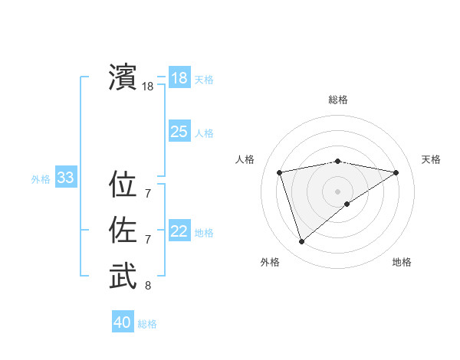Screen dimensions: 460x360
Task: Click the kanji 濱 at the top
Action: click(123, 77)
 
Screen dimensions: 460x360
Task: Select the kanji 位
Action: click(123, 185)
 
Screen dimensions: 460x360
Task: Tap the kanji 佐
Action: click(123, 231)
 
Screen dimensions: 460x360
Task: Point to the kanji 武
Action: click(123, 277)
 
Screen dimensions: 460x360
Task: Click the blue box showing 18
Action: click(179, 77)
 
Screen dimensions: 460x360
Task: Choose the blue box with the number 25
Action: click(179, 132)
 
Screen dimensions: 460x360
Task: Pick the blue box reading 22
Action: click(179, 231)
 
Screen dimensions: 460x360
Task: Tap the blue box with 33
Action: click(65, 178)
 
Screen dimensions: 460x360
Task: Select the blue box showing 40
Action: click(123, 322)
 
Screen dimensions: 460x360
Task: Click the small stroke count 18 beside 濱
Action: click(147, 87)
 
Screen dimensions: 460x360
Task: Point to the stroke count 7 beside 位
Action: click(147, 195)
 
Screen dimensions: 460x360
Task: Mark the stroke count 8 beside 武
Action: click(147, 286)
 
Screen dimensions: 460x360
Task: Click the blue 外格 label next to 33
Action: click(41, 179)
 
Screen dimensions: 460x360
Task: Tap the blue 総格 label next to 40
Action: click(147, 324)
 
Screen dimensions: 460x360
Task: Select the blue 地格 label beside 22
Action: click(204, 233)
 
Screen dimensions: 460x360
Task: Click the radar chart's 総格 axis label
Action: click(337, 100)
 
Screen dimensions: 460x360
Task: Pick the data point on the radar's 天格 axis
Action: click(396, 172)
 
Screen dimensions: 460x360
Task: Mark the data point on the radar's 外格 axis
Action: click(301, 242)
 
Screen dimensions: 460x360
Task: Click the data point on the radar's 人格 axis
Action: click(279, 172)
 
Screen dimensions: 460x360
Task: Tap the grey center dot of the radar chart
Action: click(337, 191)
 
